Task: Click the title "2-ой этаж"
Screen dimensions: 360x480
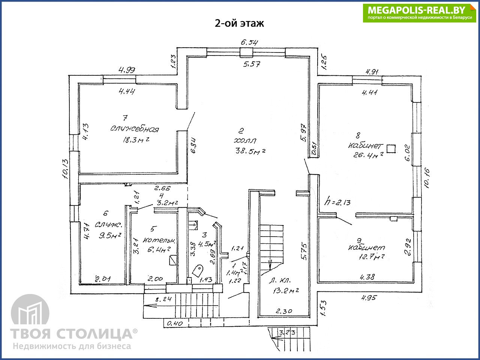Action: tap(239, 23)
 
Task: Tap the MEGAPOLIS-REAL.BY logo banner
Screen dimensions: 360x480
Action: tap(419, 13)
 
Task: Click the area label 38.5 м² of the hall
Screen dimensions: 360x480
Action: tap(249, 151)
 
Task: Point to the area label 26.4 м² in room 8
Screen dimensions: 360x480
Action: tap(368, 155)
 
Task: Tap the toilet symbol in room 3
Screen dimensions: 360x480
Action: tap(198, 270)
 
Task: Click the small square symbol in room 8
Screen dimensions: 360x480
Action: tap(391, 149)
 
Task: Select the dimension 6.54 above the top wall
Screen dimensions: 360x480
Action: tap(249, 42)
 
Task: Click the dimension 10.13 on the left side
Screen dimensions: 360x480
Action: tap(65, 168)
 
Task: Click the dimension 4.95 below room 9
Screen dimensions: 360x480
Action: tap(369, 298)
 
